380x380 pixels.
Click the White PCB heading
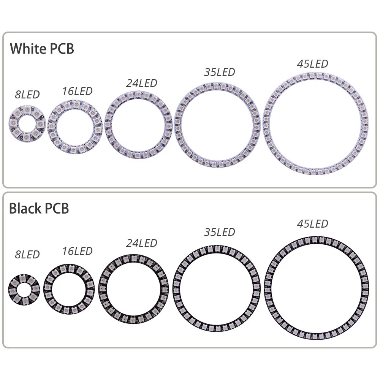pyautogui.click(x=42, y=49)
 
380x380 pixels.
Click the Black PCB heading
pyautogui.click(x=39, y=208)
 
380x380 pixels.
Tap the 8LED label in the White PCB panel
pyautogui.click(x=27, y=95)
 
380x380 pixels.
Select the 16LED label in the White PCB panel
pyautogui.click(x=77, y=91)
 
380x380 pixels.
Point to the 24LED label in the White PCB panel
pyautogui.click(x=141, y=83)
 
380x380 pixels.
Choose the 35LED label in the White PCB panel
pyautogui.click(x=219, y=72)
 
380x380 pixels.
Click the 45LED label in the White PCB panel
pyautogui.click(x=312, y=64)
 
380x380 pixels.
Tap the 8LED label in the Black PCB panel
pyautogui.click(x=27, y=255)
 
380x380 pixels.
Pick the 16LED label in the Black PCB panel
pyautogui.click(x=77, y=251)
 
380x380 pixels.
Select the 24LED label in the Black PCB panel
pyautogui.click(x=141, y=243)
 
